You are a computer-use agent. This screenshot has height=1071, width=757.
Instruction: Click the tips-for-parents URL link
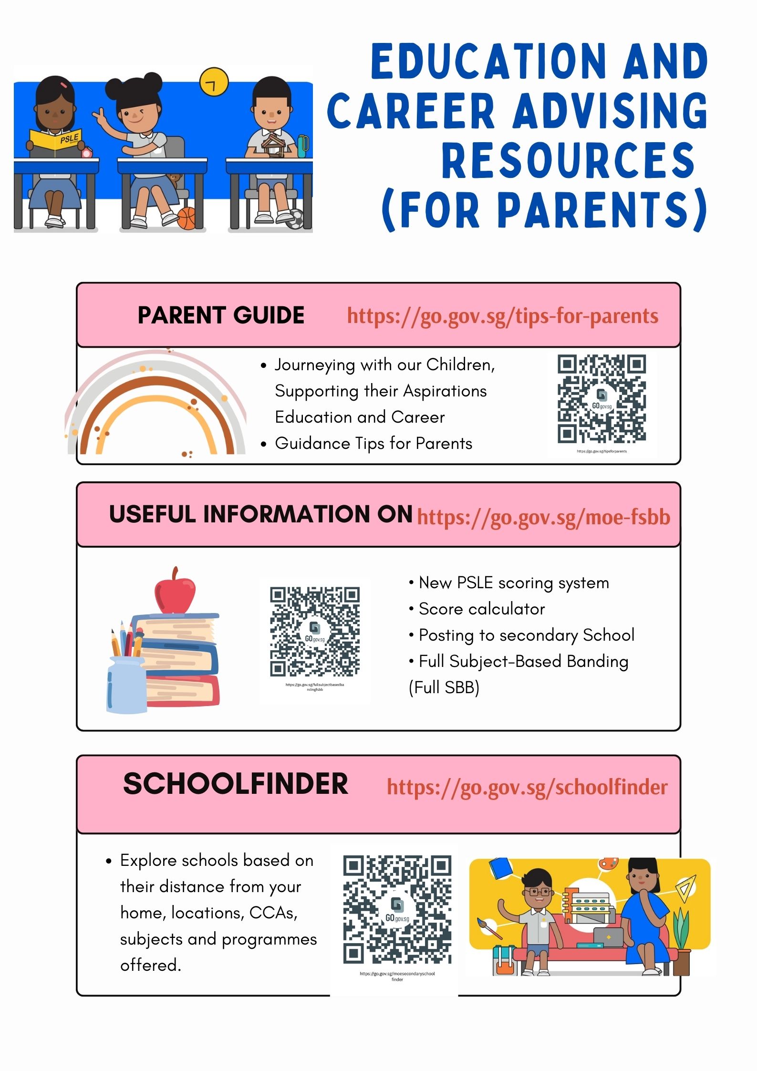point(502,316)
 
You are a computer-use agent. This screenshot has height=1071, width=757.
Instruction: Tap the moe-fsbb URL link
point(543,517)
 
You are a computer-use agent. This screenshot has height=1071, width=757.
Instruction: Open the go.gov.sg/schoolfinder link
point(527,787)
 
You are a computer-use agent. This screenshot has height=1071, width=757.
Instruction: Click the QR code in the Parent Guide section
point(601,399)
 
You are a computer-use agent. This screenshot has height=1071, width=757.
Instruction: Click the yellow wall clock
point(214,82)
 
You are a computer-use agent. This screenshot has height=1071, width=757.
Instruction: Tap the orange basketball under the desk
point(187,218)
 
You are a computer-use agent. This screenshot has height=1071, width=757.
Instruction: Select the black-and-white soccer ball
point(296,219)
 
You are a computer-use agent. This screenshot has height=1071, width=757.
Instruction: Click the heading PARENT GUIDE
point(221,315)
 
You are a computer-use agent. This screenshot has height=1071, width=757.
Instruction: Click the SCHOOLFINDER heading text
point(236,784)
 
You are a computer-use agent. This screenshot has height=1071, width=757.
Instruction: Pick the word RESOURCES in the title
point(568,161)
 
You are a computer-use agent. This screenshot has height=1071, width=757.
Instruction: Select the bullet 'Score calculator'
point(481,609)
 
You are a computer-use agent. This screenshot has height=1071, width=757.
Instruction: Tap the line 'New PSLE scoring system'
point(513,583)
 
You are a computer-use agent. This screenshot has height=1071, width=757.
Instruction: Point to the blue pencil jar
point(125,685)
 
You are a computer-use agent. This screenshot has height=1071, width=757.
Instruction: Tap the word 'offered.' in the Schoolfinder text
point(150,966)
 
